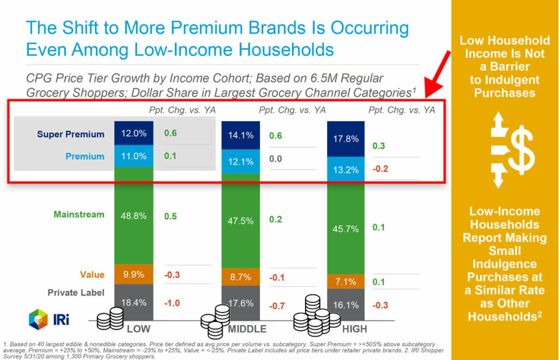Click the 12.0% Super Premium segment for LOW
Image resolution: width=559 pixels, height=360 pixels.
(x=134, y=134)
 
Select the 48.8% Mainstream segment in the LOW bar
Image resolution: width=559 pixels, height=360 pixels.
(x=134, y=216)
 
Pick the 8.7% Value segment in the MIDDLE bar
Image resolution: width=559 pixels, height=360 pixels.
(x=241, y=278)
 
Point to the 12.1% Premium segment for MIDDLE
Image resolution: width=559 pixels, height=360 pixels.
(x=241, y=162)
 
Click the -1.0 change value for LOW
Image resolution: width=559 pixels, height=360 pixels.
(x=172, y=303)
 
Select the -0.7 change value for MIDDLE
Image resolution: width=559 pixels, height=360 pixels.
(x=277, y=306)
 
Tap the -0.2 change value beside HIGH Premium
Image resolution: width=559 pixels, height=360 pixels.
(x=380, y=169)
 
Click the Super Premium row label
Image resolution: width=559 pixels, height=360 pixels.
(x=70, y=134)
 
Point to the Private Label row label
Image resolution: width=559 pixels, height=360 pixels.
(x=76, y=292)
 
